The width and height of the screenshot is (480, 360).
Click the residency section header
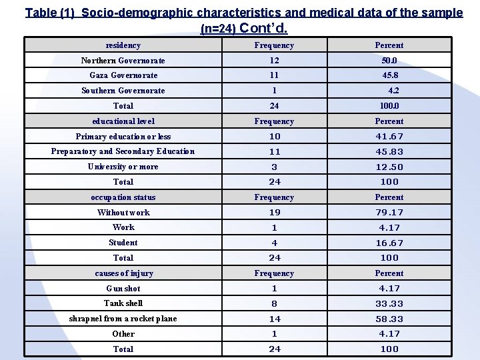(123, 45)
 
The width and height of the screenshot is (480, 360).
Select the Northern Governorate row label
(123, 61)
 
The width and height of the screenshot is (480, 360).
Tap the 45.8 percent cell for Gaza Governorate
(389, 75)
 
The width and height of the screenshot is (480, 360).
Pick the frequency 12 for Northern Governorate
(274, 61)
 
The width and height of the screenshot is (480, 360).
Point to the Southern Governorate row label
(123, 91)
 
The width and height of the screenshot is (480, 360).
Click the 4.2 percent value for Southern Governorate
(393, 91)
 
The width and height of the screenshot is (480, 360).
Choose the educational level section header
(123, 121)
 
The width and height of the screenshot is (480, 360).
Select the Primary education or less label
(123, 137)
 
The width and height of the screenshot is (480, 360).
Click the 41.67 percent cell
(389, 137)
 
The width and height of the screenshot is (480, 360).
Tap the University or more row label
(123, 167)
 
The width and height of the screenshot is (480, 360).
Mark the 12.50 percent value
(389, 167)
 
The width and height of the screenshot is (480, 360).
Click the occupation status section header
(123, 197)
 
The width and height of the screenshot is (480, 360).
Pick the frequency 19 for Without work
(274, 213)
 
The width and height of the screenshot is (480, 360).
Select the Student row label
(123, 243)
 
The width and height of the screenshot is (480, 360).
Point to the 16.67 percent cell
(389, 243)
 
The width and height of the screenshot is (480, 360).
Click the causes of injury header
(123, 273)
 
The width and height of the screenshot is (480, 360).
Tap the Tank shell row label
(123, 303)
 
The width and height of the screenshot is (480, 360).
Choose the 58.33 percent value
(389, 319)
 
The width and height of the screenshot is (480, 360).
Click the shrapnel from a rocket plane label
(123, 319)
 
